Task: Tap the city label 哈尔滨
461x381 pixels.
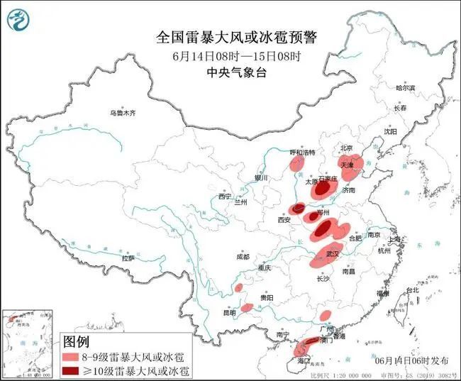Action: (x=405, y=88)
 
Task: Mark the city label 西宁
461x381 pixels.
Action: (x=225, y=196)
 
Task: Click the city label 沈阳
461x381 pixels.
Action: (x=391, y=131)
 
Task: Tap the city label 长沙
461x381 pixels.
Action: (x=323, y=279)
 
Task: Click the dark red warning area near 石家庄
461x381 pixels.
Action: (x=323, y=189)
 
